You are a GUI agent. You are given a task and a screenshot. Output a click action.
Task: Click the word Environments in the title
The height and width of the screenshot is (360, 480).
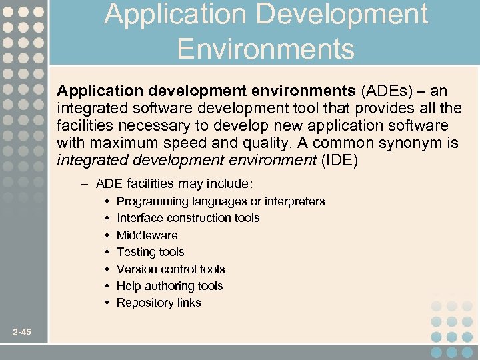click(265, 49)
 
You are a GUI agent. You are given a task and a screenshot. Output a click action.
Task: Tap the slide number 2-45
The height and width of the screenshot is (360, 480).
click(21, 333)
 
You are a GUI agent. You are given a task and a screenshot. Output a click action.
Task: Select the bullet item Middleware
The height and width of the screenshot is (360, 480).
click(147, 235)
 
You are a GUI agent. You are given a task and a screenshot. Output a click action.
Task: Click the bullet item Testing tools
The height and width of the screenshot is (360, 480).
click(150, 252)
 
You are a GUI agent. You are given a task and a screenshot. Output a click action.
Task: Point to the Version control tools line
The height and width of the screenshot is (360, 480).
click(171, 269)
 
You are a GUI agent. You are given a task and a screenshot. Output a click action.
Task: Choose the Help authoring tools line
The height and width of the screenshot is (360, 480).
click(169, 286)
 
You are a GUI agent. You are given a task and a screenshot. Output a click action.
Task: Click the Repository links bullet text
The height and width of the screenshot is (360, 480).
click(159, 303)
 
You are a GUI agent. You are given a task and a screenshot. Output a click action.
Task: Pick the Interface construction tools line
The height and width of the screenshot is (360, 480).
click(188, 218)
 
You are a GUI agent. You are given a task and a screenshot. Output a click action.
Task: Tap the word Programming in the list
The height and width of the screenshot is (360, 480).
click(153, 201)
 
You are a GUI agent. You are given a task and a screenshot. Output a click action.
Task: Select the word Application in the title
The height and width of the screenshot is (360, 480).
click(157, 15)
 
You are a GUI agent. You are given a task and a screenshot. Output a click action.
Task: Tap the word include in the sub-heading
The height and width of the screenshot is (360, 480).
click(235, 183)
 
